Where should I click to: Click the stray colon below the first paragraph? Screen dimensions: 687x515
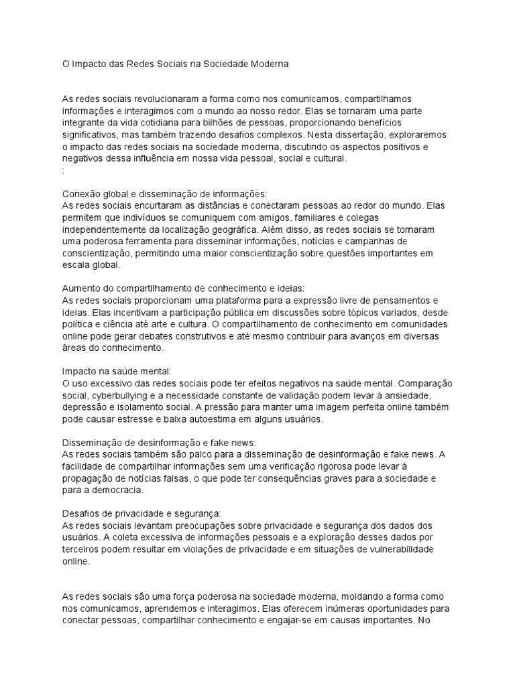tap(63, 171)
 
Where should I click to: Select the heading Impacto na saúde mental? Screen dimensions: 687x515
tap(108, 371)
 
